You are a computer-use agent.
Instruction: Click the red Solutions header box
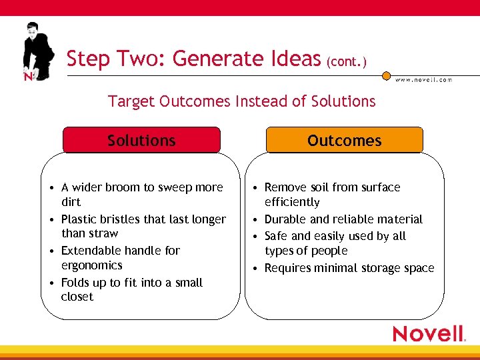click(141, 141)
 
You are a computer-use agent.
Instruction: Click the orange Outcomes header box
click(344, 141)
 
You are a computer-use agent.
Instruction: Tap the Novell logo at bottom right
click(429, 333)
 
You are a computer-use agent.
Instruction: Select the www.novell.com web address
click(423, 79)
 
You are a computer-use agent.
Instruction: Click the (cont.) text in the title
click(346, 62)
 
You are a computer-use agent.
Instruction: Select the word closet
click(77, 297)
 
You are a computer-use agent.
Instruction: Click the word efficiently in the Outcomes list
click(292, 202)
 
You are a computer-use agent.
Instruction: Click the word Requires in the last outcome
click(288, 268)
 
